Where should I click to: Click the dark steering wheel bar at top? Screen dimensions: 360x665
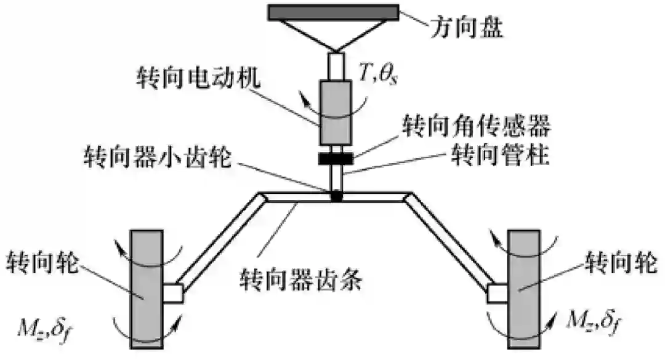(333, 12)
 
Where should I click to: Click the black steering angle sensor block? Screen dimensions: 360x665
(336, 158)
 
